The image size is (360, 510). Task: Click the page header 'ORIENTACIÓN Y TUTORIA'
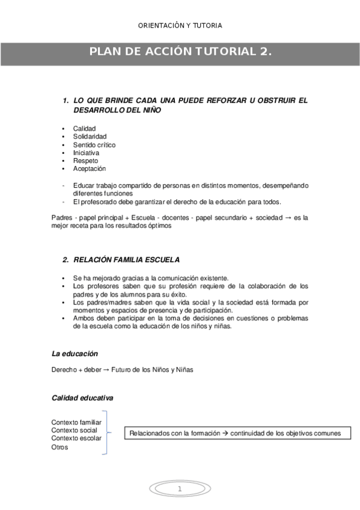click(180, 25)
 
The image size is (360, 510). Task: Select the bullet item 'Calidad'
click(84, 128)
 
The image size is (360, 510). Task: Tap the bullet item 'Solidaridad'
click(90, 137)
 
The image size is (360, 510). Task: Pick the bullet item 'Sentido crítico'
click(94, 145)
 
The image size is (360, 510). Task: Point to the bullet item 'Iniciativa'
click(86, 153)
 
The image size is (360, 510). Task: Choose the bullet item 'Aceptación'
click(90, 169)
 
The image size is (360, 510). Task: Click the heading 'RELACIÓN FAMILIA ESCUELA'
click(126, 260)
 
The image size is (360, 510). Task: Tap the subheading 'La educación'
click(75, 354)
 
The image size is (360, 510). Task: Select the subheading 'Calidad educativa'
click(82, 398)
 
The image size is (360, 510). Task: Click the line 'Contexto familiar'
click(76, 422)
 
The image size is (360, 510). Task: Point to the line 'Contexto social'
click(74, 431)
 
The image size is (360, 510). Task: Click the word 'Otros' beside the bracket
click(60, 447)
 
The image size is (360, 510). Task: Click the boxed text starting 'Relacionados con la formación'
click(237, 433)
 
